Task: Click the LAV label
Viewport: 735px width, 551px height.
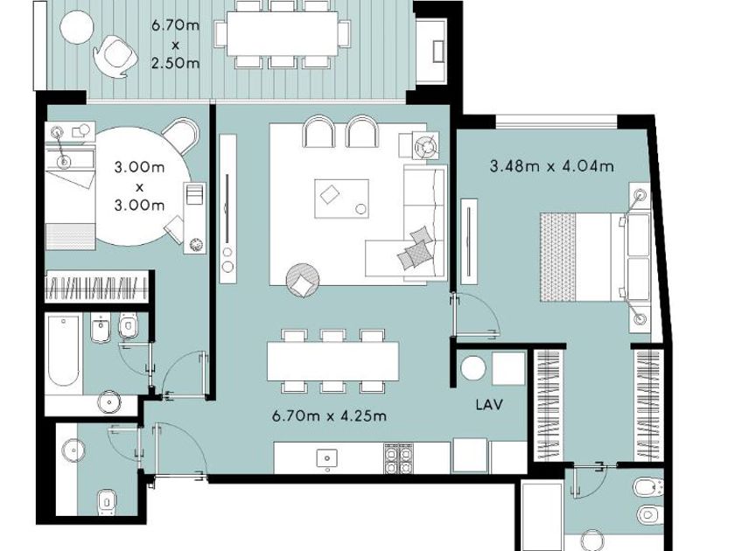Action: [x=489, y=404]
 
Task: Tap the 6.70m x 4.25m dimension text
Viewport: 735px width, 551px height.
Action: [x=329, y=415]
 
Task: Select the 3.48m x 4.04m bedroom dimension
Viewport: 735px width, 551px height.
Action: [x=552, y=166]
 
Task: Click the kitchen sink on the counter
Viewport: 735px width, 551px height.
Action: [x=326, y=457]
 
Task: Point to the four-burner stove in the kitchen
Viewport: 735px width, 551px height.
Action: [x=398, y=457]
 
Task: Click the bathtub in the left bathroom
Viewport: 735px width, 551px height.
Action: [x=63, y=352]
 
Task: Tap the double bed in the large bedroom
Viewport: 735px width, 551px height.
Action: [x=595, y=257]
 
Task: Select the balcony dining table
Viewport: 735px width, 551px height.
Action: [x=283, y=34]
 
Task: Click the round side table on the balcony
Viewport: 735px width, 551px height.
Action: [x=76, y=27]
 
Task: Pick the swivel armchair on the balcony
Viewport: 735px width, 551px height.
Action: [x=115, y=55]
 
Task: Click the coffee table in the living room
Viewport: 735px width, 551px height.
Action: [x=341, y=199]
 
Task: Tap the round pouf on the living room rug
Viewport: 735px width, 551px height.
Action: [x=304, y=280]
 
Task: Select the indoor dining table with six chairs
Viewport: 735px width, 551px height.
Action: [x=332, y=360]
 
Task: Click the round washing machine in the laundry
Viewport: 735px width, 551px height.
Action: [x=472, y=368]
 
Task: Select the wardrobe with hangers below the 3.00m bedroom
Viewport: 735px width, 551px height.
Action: [x=97, y=287]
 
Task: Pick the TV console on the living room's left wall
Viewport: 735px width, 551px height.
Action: [x=227, y=208]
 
